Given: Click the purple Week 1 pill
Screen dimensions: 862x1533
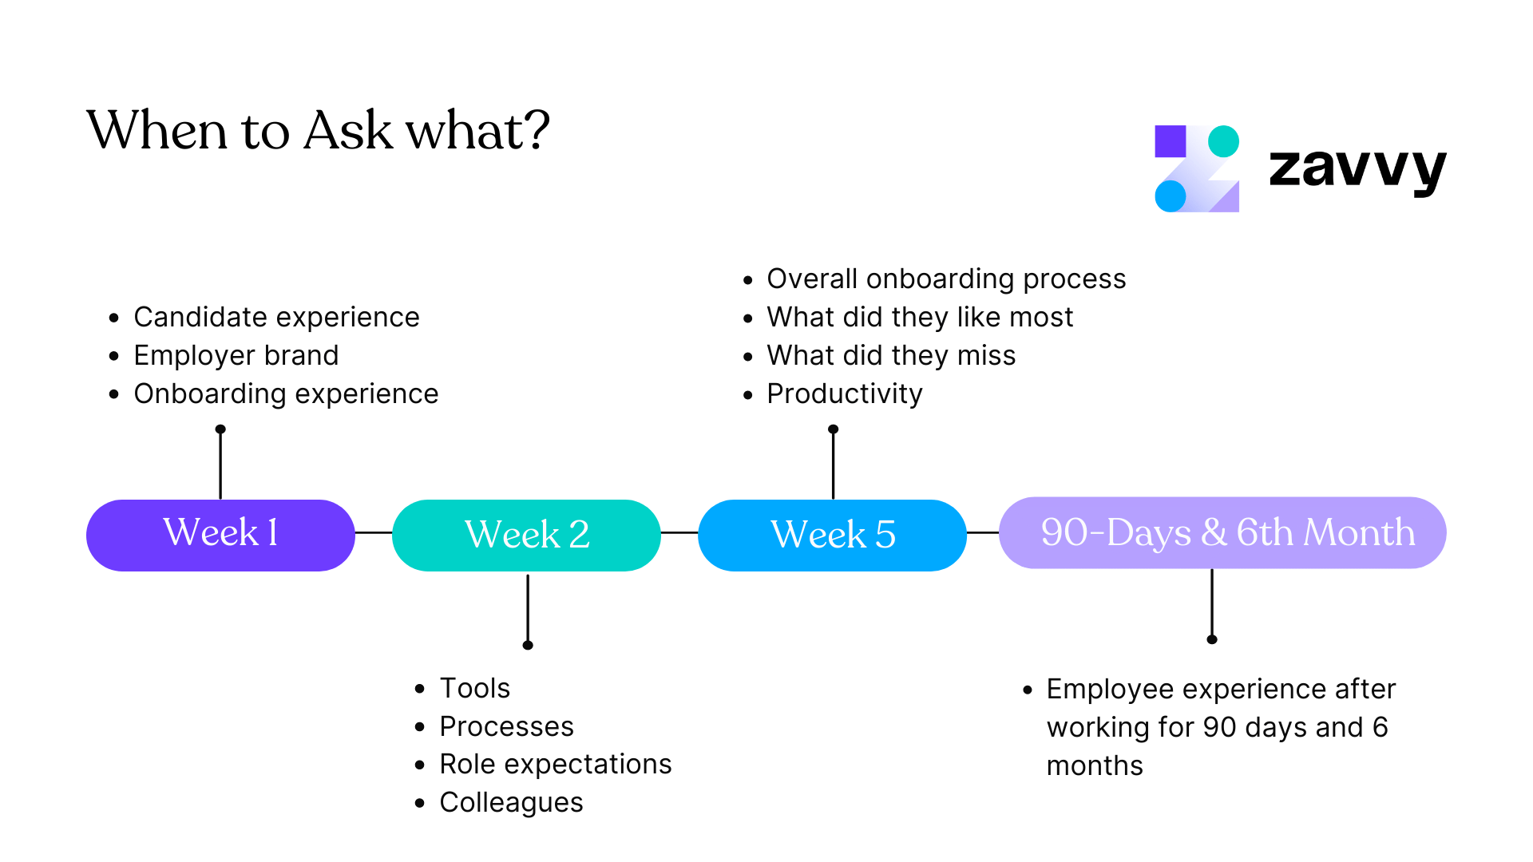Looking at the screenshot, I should pyautogui.click(x=220, y=535).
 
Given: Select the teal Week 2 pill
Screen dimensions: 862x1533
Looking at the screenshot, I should pyautogui.click(x=526, y=535).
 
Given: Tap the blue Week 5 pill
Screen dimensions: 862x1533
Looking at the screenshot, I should pyautogui.click(x=832, y=535).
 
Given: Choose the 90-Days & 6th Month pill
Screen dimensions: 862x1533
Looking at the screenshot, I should pyautogui.click(x=1222, y=532).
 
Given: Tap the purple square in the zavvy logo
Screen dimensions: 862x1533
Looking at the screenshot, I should pyautogui.click(x=1170, y=141).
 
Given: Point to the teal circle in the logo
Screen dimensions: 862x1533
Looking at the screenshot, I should pyautogui.click(x=1223, y=141).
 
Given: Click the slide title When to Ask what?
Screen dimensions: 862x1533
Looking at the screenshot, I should pyautogui.click(x=318, y=130).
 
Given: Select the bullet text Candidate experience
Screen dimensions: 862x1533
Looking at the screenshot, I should pyautogui.click(x=276, y=317).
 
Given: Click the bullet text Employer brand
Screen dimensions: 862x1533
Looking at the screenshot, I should pyautogui.click(x=236, y=355).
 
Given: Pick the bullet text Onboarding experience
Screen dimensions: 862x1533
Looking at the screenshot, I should pyautogui.click(x=286, y=393).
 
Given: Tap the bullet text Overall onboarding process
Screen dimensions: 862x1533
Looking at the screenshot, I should pyautogui.click(x=946, y=279).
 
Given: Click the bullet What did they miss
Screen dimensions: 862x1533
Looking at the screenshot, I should pyautogui.click(x=891, y=355).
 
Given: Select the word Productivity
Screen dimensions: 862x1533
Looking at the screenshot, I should pyautogui.click(x=844, y=393).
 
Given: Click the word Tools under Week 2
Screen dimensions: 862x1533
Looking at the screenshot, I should pyautogui.click(x=474, y=688).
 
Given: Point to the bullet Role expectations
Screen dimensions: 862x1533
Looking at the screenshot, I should pyautogui.click(x=555, y=764).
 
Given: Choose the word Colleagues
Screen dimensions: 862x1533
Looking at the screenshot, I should pyautogui.click(x=511, y=802).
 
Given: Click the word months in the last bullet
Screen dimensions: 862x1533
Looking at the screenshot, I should pyautogui.click(x=1095, y=765).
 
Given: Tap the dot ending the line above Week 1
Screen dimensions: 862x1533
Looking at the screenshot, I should pyautogui.click(x=220, y=429).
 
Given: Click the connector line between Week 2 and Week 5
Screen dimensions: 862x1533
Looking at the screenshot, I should pyautogui.click(x=679, y=532).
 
